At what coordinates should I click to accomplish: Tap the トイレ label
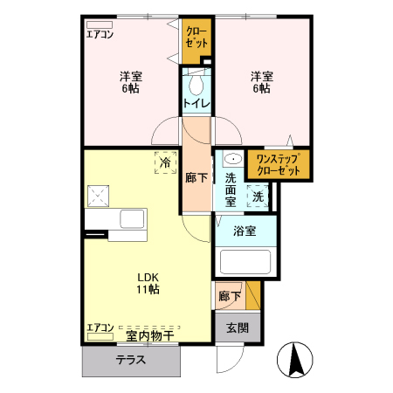click(196, 103)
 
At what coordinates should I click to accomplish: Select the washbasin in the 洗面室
click(233, 159)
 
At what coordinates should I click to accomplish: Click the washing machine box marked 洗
click(258, 196)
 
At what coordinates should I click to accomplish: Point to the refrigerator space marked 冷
click(165, 162)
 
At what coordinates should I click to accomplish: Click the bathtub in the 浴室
click(245, 262)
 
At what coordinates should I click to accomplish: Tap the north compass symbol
click(295, 360)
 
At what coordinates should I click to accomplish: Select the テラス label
click(131, 360)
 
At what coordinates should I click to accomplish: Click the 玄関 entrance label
click(238, 328)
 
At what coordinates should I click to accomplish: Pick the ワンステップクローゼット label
click(278, 165)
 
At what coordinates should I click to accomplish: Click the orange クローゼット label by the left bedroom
click(196, 38)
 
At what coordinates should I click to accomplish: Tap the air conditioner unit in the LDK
click(100, 337)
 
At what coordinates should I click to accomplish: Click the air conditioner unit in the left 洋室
click(100, 24)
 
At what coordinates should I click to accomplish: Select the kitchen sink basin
click(132, 219)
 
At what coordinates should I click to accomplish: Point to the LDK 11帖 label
click(148, 283)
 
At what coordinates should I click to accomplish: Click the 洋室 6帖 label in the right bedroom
click(262, 82)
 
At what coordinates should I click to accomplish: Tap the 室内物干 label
click(150, 336)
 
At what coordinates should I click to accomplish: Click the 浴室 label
click(245, 231)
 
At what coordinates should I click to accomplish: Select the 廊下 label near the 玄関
click(230, 296)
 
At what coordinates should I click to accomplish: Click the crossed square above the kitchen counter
click(98, 196)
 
